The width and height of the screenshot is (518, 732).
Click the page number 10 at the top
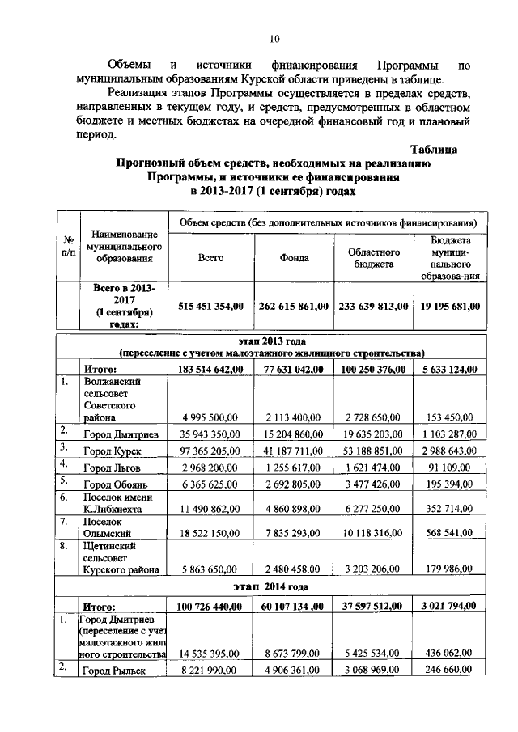click(274, 38)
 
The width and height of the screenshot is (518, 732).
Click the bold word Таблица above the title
click(434, 149)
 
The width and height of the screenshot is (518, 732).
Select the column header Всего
click(210, 258)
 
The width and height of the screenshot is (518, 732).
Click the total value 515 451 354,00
click(210, 306)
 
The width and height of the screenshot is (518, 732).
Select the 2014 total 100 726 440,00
click(210, 606)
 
